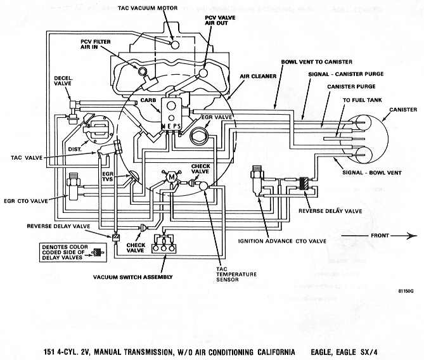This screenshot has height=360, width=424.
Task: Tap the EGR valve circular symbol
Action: pyautogui.click(x=200, y=134)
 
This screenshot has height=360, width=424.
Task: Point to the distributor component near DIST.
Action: pyautogui.click(x=98, y=129)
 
